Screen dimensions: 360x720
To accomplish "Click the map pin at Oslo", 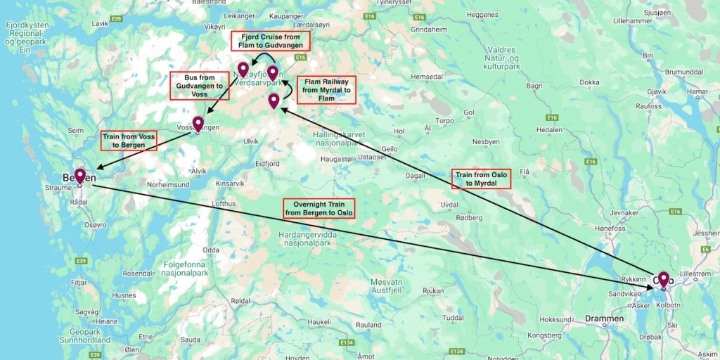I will coord(662,280).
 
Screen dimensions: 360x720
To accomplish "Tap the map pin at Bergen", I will coord(80,176).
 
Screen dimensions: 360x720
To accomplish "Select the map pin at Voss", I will coord(198,124).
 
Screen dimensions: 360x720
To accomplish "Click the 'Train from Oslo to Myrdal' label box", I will coord(481,179).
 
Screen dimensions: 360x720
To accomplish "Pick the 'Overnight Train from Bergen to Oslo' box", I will coord(319,207).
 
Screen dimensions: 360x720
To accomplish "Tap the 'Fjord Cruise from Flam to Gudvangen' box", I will coord(271,41).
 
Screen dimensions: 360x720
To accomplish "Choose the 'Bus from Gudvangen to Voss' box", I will coord(199,85).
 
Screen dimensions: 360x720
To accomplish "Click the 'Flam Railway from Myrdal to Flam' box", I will coord(326,90).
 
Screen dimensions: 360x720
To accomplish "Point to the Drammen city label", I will coord(604,319).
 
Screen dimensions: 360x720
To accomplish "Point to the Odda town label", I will coord(210,250).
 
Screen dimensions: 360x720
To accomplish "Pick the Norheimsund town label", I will coord(169,184).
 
